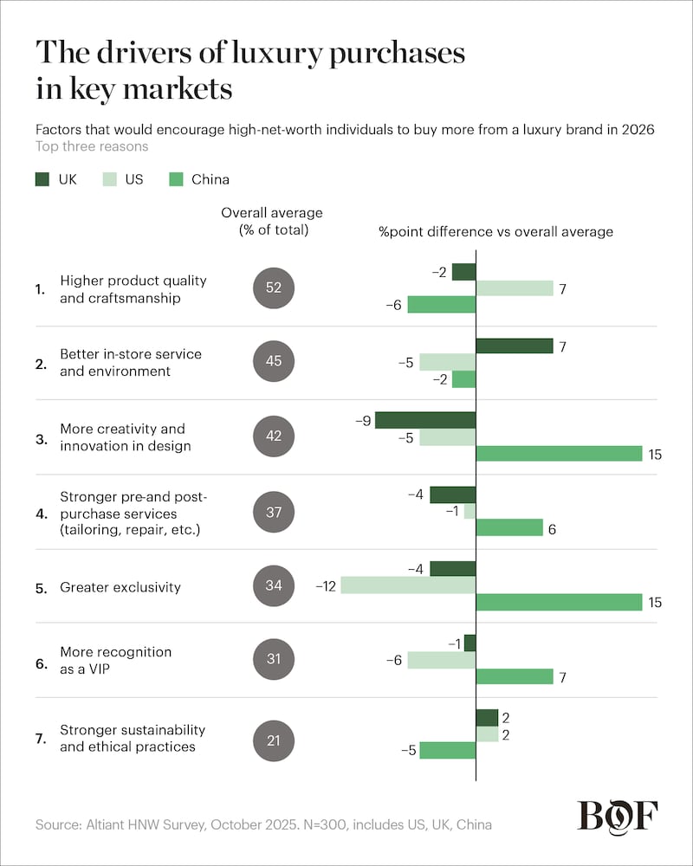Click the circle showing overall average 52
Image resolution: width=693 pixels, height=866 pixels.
tap(274, 288)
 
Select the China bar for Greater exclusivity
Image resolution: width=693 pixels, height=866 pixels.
tap(559, 602)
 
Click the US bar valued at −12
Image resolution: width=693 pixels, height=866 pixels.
tap(408, 585)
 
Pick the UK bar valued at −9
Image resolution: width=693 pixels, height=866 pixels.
tap(425, 420)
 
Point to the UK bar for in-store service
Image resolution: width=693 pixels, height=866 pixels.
tap(515, 346)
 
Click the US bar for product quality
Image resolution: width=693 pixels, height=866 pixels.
tap(515, 288)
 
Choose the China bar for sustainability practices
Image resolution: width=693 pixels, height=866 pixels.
tap(448, 750)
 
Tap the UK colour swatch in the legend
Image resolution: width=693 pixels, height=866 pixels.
tap(44, 179)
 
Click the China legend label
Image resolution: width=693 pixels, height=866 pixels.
tap(211, 179)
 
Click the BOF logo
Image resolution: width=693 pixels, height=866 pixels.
tap(617, 817)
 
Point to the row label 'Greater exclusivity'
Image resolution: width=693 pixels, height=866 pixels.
tap(120, 587)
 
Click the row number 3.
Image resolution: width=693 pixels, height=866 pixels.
tap(40, 438)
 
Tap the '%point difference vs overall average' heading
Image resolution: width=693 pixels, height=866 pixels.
tap(495, 231)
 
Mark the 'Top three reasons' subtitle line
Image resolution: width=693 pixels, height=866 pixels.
tap(92, 146)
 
